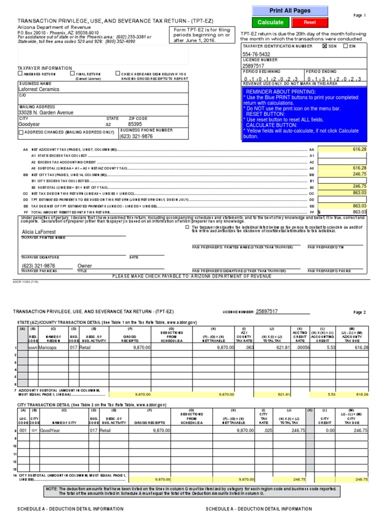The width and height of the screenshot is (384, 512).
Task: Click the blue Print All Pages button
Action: [290, 10]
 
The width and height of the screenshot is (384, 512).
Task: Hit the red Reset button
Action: [309, 22]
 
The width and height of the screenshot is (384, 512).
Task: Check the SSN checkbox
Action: [325, 45]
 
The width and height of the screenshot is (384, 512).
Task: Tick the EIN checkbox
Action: [352, 45]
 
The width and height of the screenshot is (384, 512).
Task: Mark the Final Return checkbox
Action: [72, 73]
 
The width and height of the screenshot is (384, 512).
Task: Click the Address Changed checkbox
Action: [21, 132]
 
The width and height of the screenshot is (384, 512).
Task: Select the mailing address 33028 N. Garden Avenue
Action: [45, 112]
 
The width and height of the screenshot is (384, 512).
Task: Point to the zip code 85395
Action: [134, 123]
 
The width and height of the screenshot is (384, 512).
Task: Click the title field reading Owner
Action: [84, 266]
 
